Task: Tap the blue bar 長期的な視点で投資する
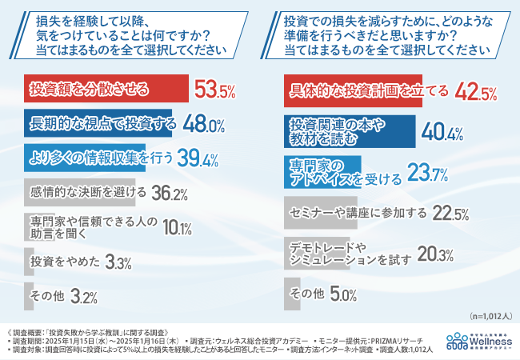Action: [104, 124]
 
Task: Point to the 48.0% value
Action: [205, 125]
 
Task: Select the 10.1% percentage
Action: [173, 229]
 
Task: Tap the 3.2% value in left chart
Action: [85, 297]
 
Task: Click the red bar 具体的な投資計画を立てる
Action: [368, 90]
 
